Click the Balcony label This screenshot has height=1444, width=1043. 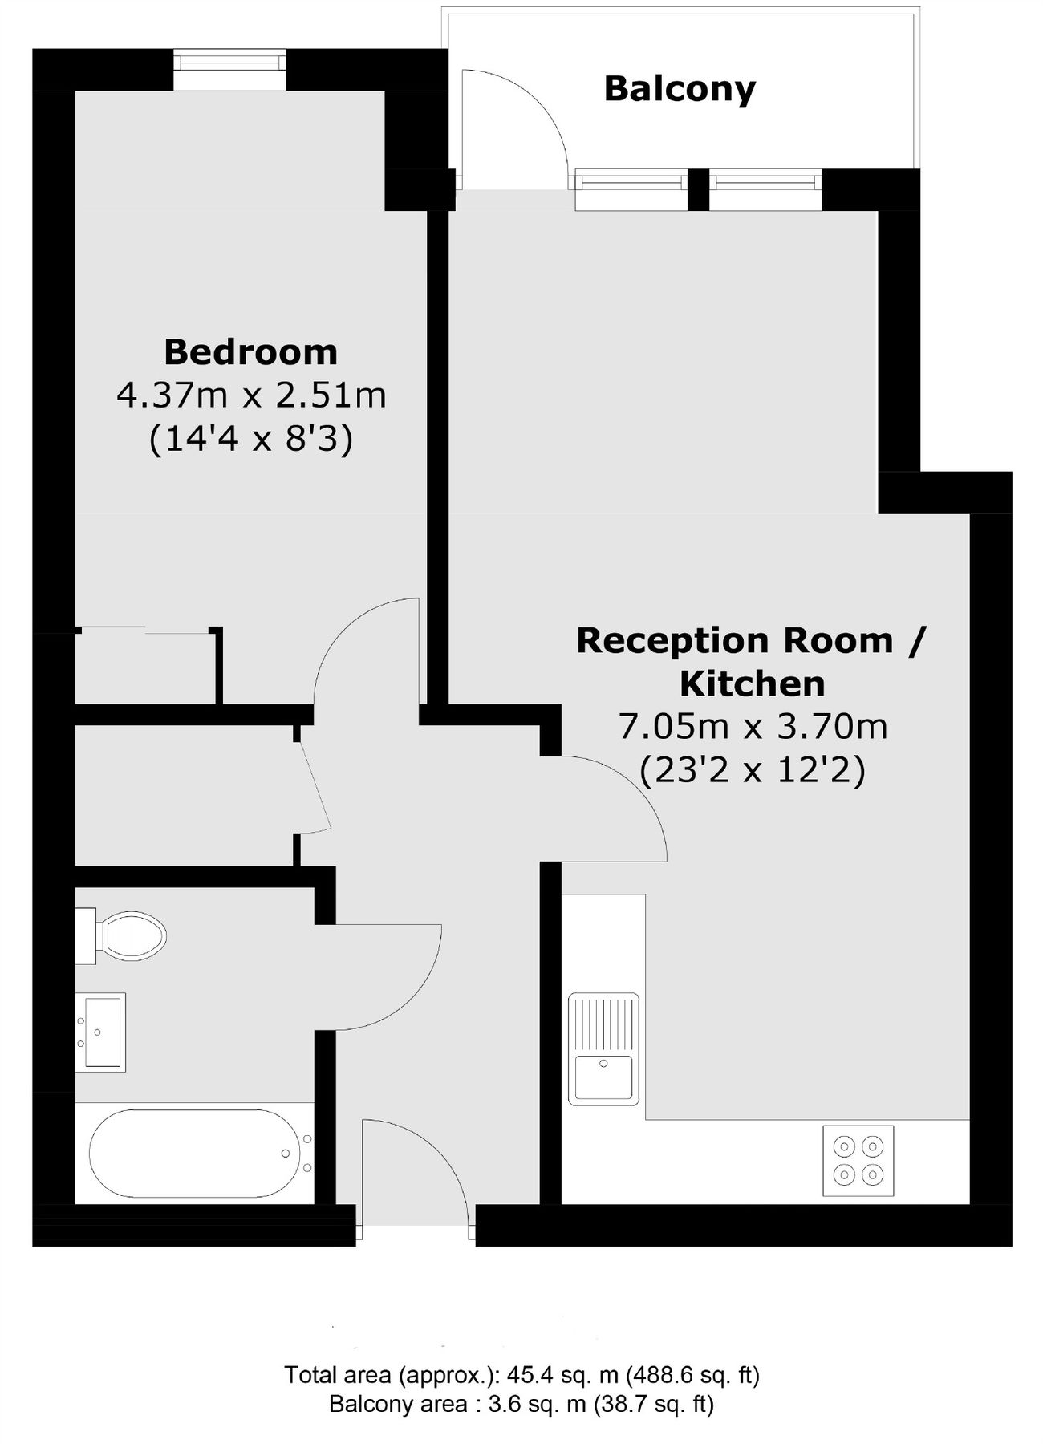[x=680, y=89]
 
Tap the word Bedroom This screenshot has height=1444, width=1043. [x=250, y=352]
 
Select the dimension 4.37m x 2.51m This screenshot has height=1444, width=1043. [x=251, y=395]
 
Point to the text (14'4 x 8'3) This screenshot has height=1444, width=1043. [x=251, y=440]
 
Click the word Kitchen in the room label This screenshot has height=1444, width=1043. [x=752, y=684]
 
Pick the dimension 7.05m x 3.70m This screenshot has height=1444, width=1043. [x=753, y=728]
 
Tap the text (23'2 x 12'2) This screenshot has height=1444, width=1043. [x=753, y=772]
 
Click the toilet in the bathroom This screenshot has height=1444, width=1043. [x=124, y=935]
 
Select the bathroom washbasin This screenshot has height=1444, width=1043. [x=101, y=1032]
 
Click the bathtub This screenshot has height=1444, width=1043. [x=189, y=1154]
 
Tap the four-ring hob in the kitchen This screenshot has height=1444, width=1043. [x=858, y=1161]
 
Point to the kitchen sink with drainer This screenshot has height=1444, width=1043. [x=604, y=1049]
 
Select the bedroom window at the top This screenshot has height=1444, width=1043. [x=229, y=70]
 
